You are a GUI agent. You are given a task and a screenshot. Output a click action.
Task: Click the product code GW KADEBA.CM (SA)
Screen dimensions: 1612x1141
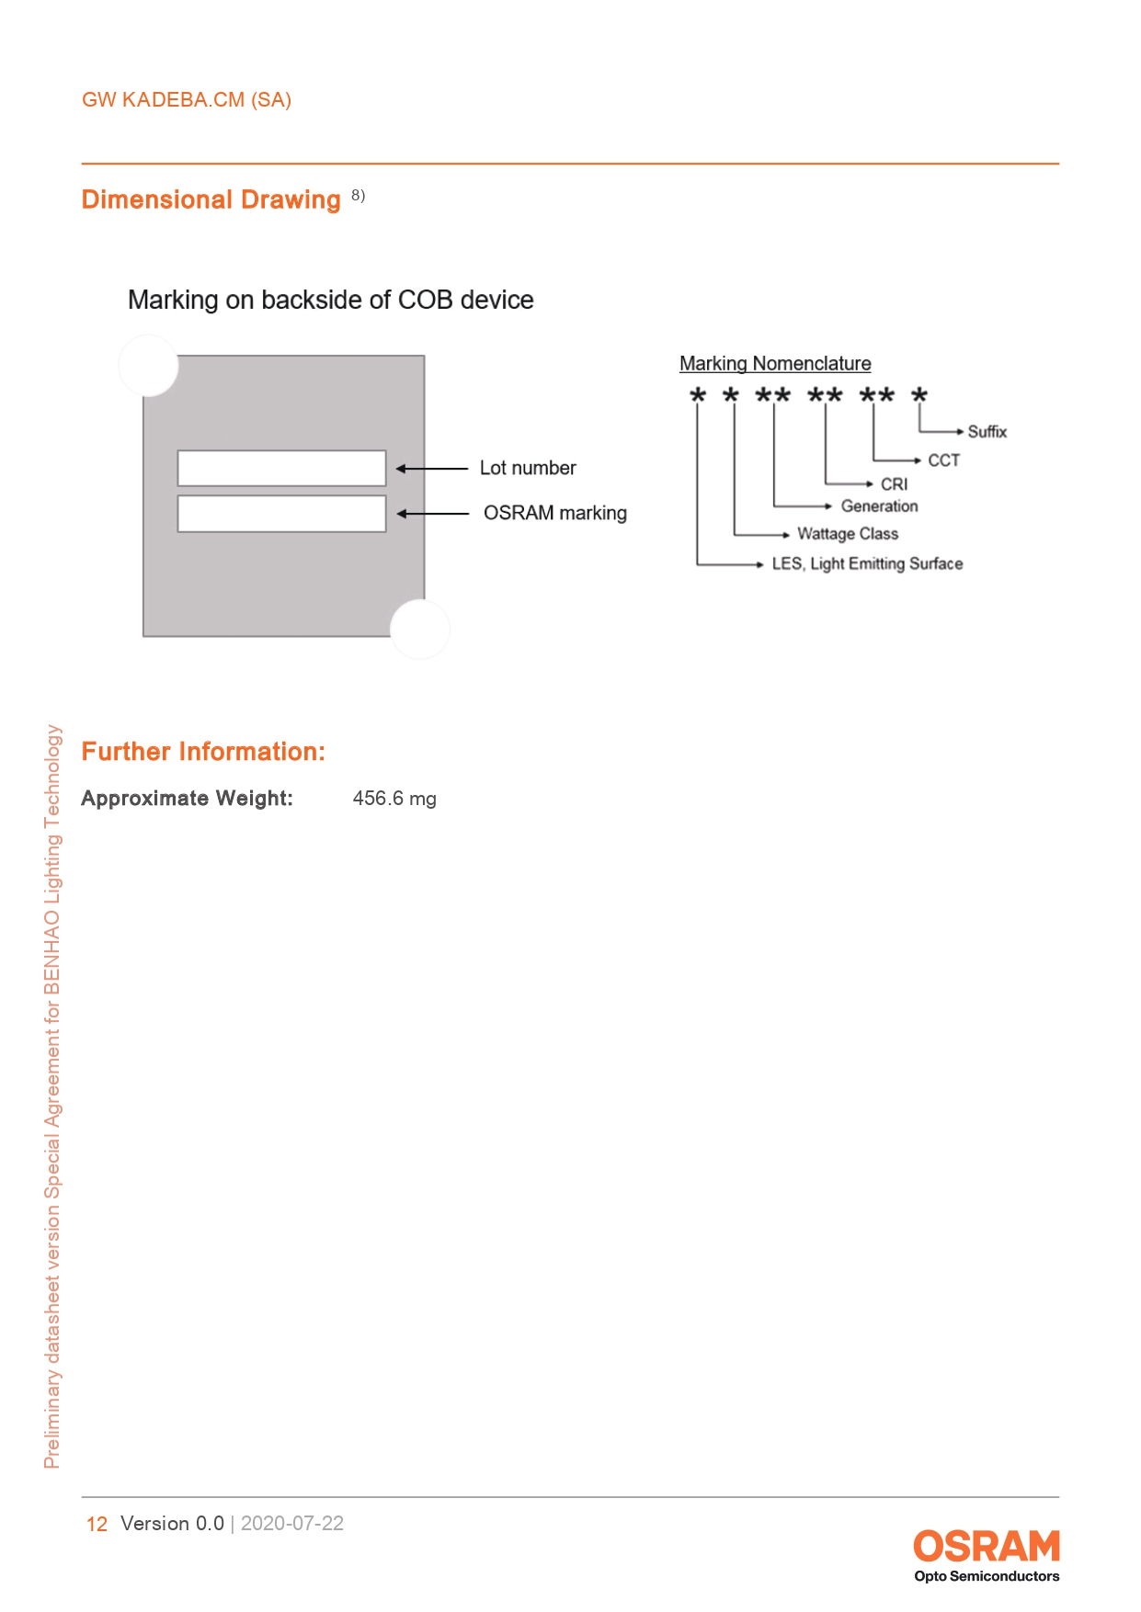pos(187,100)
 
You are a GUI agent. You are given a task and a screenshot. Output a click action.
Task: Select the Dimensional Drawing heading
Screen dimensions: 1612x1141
pos(211,199)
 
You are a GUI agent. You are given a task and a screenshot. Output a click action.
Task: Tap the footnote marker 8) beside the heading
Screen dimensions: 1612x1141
pos(358,195)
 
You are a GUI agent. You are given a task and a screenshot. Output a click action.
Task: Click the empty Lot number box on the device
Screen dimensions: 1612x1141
pos(281,468)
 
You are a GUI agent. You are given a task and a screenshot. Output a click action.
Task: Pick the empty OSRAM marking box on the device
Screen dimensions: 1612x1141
pos(281,514)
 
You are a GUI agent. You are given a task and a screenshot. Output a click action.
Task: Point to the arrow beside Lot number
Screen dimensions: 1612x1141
pos(432,469)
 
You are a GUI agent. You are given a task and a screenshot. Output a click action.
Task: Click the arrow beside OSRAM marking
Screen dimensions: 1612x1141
pos(433,514)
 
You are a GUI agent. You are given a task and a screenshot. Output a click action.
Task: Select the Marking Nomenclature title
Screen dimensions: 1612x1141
pos(775,364)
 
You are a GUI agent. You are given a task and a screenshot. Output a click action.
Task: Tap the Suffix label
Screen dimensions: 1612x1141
pos(987,432)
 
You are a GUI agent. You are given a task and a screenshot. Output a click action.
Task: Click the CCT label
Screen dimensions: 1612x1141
pos(943,460)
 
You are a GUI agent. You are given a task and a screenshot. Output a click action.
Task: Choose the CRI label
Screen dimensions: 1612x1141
pos(894,484)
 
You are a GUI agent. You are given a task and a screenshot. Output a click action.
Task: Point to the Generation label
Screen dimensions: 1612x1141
pos(879,506)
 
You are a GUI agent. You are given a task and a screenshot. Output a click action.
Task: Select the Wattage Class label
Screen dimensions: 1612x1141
pos(847,534)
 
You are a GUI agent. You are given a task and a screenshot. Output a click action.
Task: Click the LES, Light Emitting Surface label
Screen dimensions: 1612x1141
pos(867,564)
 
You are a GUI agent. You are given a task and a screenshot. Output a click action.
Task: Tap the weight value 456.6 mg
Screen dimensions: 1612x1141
pos(394,799)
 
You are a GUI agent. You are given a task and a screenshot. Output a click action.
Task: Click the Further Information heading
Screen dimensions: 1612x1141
pos(203,752)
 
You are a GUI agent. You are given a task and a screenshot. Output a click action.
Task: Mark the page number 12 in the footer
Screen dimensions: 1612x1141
pos(97,1524)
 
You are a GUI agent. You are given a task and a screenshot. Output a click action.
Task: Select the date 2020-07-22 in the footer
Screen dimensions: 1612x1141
pos(292,1524)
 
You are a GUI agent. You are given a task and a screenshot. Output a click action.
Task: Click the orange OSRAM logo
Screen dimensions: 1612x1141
pos(986,1546)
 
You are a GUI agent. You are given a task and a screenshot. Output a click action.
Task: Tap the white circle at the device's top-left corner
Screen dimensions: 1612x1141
pos(148,366)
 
